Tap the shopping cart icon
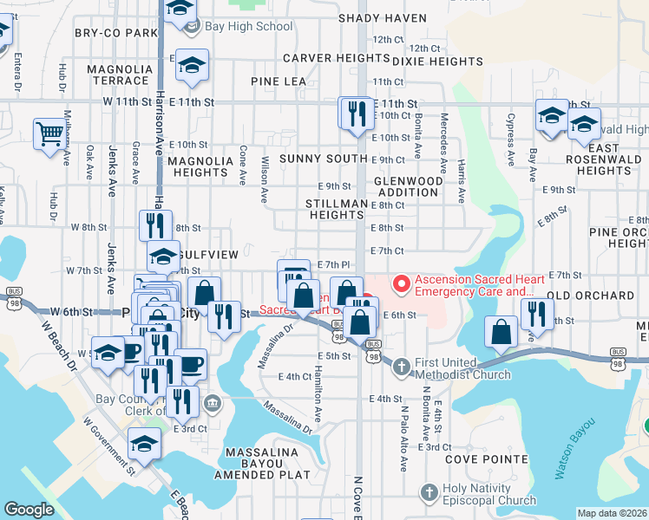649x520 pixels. (50, 133)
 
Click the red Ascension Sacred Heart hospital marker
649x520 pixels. (401, 283)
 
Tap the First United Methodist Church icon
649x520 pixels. (401, 367)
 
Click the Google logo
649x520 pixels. (29, 510)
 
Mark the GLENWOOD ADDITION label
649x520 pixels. (407, 186)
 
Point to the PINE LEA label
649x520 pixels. (279, 81)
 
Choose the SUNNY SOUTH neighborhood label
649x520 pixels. (323, 159)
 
